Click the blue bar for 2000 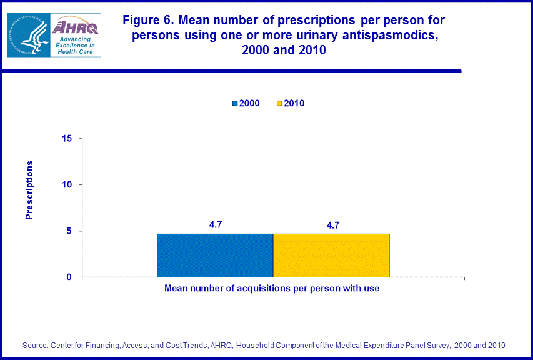[x=215, y=255]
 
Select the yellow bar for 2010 [x=331, y=255]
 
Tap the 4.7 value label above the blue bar [x=216, y=225]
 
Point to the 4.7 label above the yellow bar [x=332, y=225]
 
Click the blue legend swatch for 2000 [x=235, y=103]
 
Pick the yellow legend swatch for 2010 [x=279, y=103]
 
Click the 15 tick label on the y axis [x=67, y=138]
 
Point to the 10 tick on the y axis [x=67, y=184]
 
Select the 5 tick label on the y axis [x=70, y=231]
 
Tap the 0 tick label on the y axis [x=70, y=277]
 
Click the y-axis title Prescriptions [x=29, y=190]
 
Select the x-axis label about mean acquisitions [x=272, y=289]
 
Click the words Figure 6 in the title [x=147, y=21]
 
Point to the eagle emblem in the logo [x=28, y=35]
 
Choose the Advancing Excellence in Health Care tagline [x=74, y=46]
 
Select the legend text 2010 [x=294, y=103]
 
